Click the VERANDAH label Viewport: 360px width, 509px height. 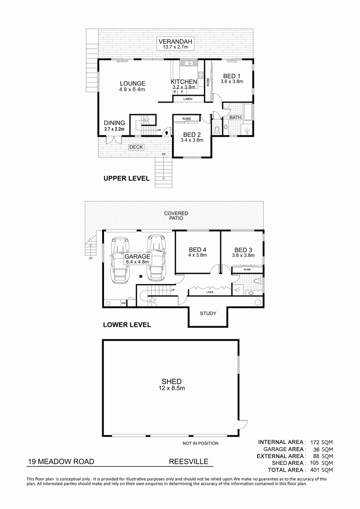coord(175,41)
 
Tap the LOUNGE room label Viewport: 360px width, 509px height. coord(132,83)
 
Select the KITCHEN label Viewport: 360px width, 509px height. coord(184,82)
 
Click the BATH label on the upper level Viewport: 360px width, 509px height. coord(235,117)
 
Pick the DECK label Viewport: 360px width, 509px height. coord(136,147)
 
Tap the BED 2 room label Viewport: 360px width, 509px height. coord(192,135)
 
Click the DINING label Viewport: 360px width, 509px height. coord(114,123)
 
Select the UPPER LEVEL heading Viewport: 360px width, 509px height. coord(126,178)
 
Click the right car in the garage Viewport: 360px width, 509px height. coord(157,257)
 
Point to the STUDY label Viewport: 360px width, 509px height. coord(208,313)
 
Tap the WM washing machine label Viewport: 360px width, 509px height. coord(123,303)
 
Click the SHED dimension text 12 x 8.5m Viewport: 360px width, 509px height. coord(172,388)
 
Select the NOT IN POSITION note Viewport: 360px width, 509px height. coord(200,443)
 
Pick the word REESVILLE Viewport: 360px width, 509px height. coord(189,462)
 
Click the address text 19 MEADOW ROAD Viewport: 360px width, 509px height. coord(61,462)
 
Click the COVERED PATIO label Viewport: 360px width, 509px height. coord(176,216)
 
